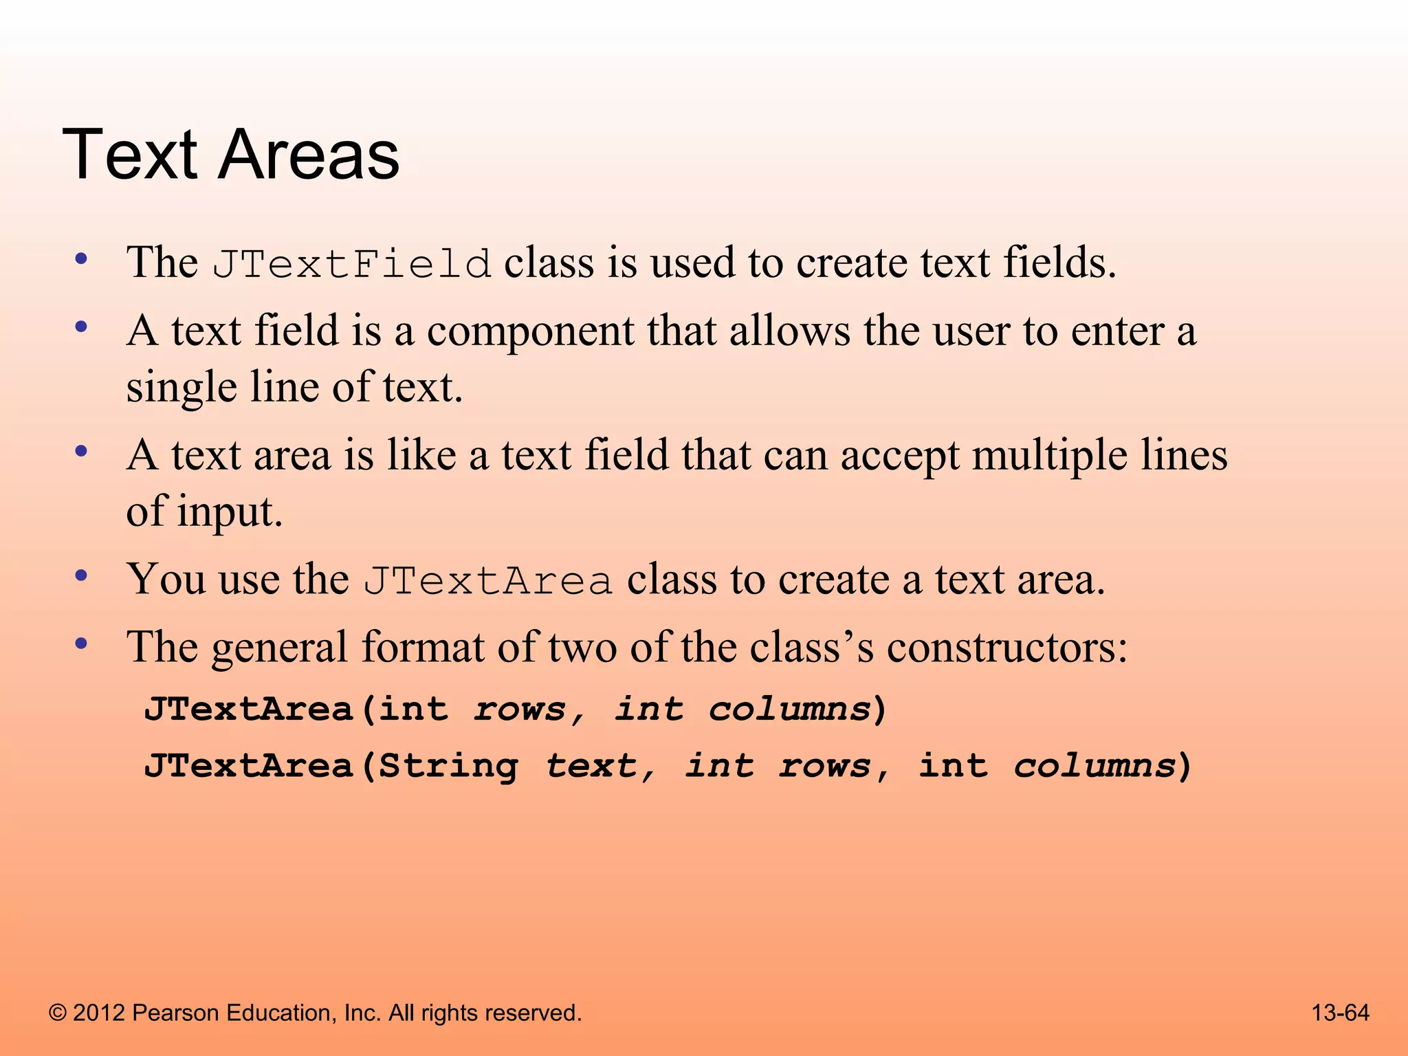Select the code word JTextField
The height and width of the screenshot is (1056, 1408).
351,264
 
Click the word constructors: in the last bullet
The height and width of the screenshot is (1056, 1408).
1007,648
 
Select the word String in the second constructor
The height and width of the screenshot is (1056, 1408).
449,766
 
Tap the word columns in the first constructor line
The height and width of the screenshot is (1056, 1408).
790,709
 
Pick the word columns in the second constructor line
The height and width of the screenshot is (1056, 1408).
1094,766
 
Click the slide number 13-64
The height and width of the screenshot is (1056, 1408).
1340,1013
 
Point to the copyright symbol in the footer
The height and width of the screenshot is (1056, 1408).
58,1013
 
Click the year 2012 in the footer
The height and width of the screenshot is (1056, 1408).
99,1013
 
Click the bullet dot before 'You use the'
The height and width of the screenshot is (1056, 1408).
82,576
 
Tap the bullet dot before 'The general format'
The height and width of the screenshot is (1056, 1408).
82,644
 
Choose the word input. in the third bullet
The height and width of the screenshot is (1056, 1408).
230,512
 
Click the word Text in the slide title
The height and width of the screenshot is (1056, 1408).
131,155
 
